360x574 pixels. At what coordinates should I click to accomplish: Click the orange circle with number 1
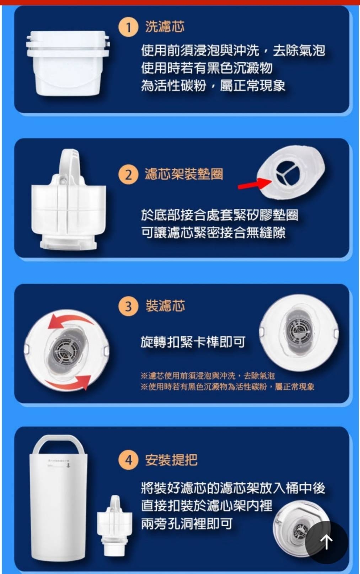pos(128,27)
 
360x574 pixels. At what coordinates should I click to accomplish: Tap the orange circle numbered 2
pos(128,175)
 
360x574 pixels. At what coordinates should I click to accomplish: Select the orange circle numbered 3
pos(128,307)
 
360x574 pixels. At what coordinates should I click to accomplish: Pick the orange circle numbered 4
pos(128,460)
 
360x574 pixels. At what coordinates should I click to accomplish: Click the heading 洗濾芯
pos(165,27)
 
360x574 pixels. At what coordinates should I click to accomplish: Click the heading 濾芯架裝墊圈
pos(184,174)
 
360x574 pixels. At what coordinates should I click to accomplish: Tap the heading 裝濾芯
pos(165,306)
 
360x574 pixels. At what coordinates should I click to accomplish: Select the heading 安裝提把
pos(171,460)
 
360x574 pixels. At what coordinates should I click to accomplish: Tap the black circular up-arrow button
pos(326,542)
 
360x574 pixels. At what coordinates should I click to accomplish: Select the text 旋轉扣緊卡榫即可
pos(193,342)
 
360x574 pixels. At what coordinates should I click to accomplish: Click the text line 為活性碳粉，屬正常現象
pos(213,86)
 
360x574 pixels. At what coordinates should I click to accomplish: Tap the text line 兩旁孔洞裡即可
pos(187,524)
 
